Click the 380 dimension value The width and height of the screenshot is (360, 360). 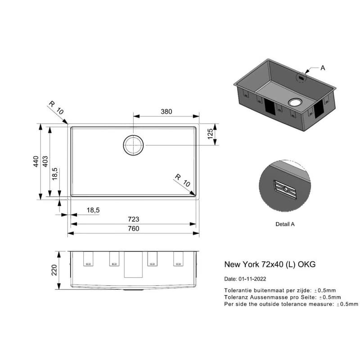click(166, 112)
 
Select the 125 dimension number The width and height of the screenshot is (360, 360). click(210, 134)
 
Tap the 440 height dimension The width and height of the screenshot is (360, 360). click(36, 162)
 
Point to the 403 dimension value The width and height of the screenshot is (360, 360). click(45, 162)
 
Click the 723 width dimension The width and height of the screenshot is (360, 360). click(133, 219)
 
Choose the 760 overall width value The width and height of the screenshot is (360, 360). click(133, 229)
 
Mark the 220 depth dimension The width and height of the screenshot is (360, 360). click(54, 270)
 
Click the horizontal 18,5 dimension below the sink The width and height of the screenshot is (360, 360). click(93, 210)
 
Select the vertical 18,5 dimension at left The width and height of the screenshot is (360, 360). click(54, 174)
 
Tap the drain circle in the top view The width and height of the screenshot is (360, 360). click(133, 135)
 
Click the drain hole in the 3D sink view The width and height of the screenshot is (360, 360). click(295, 103)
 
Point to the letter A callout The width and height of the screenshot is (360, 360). click(323, 68)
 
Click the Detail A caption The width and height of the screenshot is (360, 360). click(285, 224)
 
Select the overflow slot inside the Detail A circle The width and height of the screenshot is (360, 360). click(285, 189)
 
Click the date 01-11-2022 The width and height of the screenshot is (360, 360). click(252, 279)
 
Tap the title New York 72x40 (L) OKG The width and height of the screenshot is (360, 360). click(270, 264)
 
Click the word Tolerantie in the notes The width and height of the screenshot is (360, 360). click(238, 290)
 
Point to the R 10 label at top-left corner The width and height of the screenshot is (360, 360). click(56, 108)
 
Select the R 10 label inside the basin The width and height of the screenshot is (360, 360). click(183, 180)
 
